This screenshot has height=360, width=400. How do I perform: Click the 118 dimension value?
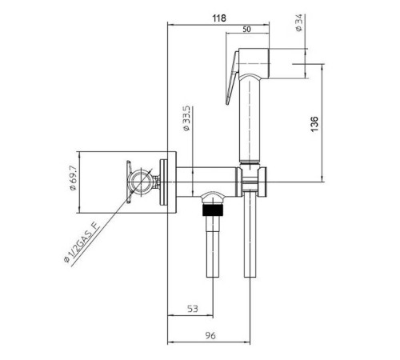point(219,18)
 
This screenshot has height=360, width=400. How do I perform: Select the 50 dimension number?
point(246,29)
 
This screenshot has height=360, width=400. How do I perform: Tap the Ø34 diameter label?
point(299,23)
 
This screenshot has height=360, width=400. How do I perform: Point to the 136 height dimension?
point(314,124)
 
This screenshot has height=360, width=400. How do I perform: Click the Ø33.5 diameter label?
point(186,118)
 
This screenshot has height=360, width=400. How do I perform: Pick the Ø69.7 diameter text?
point(73,178)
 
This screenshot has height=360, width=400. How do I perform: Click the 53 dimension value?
point(193,309)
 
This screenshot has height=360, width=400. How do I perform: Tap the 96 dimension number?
point(210,335)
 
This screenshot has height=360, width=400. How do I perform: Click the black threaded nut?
point(213,210)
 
